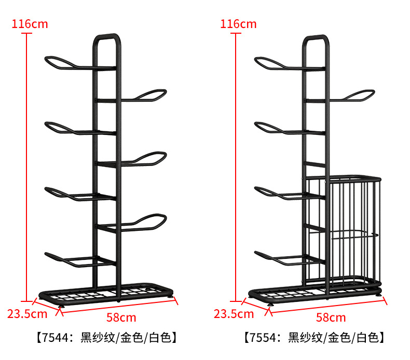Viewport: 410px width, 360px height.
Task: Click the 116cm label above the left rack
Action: pyautogui.click(x=29, y=23)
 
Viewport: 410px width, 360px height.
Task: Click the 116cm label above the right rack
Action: pyautogui.click(x=238, y=23)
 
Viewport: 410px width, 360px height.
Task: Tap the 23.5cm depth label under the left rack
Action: pyautogui.click(x=27, y=313)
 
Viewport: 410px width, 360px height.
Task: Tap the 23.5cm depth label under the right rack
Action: pyautogui.click(x=234, y=313)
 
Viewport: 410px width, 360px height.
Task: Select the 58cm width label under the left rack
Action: pyautogui.click(x=120, y=317)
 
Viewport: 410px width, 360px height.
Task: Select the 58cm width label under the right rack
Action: pyautogui.click(x=331, y=317)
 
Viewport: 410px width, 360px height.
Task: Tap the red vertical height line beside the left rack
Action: pyautogui.click(x=26, y=166)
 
